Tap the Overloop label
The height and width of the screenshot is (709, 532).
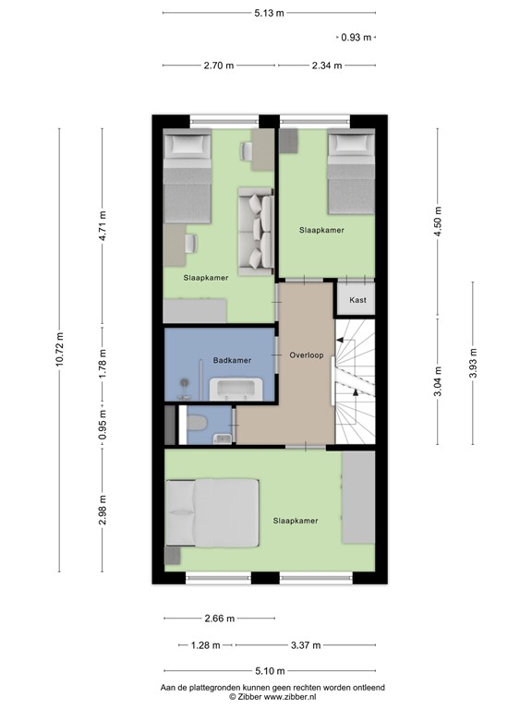coord(306,354)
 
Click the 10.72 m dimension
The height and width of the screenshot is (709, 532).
coord(60,349)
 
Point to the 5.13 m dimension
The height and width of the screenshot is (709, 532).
coord(269,12)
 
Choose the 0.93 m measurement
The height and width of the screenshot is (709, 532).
coord(357,38)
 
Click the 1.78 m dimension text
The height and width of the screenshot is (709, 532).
coord(103,362)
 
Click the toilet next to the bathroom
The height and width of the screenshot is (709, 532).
coord(195,425)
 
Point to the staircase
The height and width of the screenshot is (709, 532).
coord(355,379)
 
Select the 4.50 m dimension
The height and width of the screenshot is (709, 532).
coord(438,222)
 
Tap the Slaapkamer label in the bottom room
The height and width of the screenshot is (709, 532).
coord(296,521)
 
